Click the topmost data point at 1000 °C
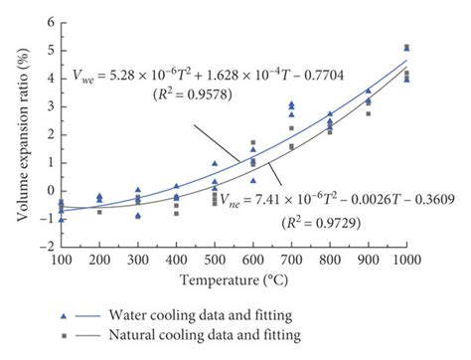point(406,47)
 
